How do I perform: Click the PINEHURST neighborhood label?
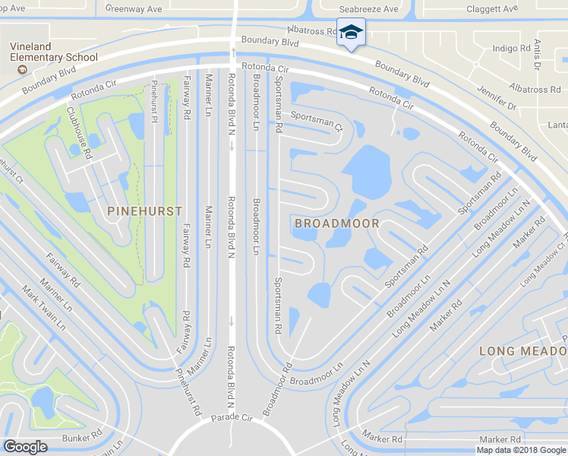click(x=144, y=211)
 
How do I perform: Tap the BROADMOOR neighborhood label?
click(x=336, y=223)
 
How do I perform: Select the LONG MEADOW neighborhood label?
click(x=523, y=350)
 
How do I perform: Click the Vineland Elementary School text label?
click(x=54, y=52)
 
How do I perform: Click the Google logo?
click(x=25, y=447)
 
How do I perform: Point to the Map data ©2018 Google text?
click(x=521, y=450)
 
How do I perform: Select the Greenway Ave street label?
click(x=134, y=9)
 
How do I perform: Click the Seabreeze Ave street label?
click(x=369, y=9)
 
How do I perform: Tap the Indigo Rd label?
click(x=510, y=49)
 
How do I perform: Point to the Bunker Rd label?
click(x=82, y=437)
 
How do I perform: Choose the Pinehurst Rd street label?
click(x=188, y=391)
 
